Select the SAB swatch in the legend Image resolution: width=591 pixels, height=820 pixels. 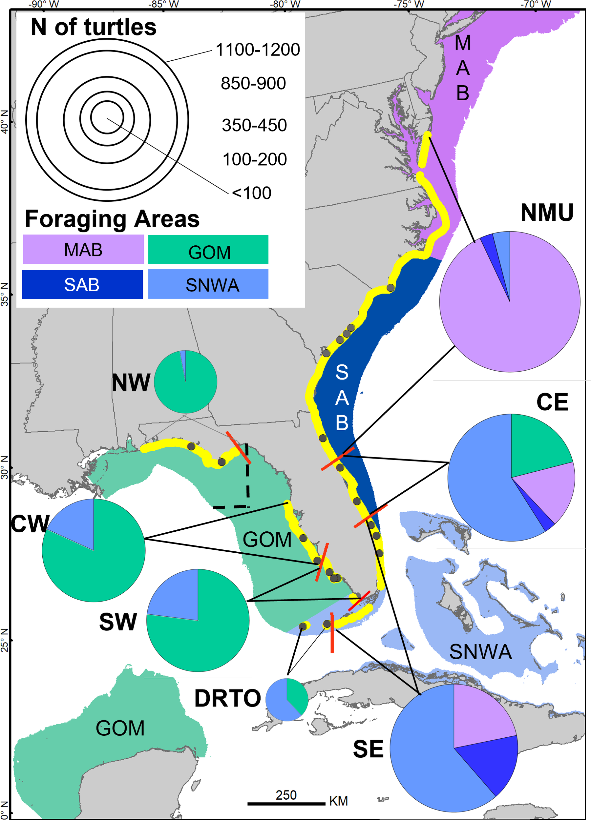pos(82,285)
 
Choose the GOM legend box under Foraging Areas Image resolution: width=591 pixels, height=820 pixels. pos(208,250)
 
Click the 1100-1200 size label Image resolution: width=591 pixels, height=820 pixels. pos(258,50)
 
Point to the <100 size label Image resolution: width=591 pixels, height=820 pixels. pos(251,193)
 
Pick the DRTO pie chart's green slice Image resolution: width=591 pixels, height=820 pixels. pos(296,694)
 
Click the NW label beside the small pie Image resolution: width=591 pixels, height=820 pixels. pos(131,382)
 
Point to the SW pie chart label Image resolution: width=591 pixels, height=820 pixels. pos(118,622)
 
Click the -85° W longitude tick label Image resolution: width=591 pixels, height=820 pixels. pos(163,4)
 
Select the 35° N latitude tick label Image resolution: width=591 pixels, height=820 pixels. pos(4,294)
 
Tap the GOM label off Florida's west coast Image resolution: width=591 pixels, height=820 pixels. pos(267,539)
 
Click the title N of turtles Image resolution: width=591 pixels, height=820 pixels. pos(93,27)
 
